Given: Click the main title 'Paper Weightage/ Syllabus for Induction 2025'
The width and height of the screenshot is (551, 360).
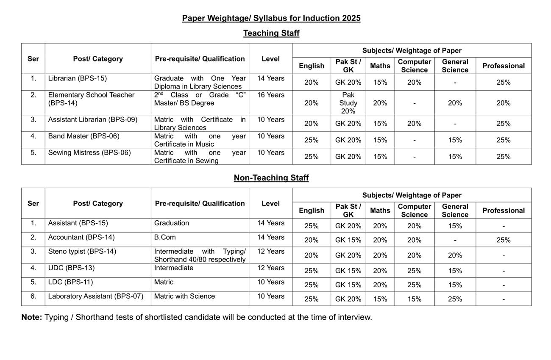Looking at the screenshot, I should click(x=271, y=18).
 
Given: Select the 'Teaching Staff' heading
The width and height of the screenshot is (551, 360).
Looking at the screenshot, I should click(x=271, y=33).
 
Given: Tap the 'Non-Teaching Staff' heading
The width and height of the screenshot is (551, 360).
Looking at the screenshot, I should click(x=271, y=178).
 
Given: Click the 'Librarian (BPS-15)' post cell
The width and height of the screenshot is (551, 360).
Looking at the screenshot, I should click(x=77, y=78).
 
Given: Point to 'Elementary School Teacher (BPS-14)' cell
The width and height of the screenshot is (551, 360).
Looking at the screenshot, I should click(x=91, y=99).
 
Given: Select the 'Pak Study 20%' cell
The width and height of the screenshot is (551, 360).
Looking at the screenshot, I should click(x=348, y=103).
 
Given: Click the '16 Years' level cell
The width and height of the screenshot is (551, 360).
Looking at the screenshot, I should click(x=270, y=95).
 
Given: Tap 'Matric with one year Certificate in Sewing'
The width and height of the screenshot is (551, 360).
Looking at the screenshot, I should click(x=200, y=157).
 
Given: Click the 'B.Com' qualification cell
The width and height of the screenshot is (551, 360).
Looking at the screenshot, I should click(x=165, y=237).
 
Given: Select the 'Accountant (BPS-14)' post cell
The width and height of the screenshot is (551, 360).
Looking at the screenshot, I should click(x=81, y=237).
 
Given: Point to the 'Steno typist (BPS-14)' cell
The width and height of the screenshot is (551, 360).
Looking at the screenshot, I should click(x=82, y=251).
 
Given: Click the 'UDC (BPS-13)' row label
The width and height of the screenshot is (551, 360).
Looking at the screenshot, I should click(x=71, y=268).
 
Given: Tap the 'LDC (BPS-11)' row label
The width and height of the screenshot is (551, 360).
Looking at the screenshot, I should click(x=70, y=282).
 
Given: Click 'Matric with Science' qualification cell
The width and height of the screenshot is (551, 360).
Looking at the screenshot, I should click(x=184, y=296).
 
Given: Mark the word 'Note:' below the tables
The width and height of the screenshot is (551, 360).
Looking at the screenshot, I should click(x=32, y=317).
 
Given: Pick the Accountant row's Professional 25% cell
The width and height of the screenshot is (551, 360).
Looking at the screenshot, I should click(x=503, y=240).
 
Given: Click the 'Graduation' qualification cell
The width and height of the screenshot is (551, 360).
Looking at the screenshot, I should click(x=172, y=223).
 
